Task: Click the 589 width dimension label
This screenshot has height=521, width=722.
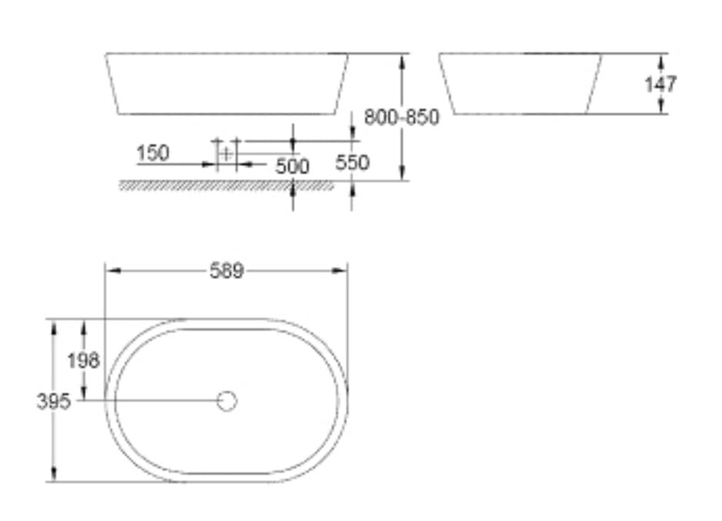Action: click(226, 271)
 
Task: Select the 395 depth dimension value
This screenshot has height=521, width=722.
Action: click(53, 401)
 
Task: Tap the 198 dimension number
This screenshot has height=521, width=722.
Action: click(83, 360)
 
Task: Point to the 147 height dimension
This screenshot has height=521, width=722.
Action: click(660, 83)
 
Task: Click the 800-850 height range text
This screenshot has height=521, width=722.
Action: click(401, 118)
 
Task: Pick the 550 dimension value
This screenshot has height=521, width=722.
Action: click(353, 162)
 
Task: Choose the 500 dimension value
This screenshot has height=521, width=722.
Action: click(292, 166)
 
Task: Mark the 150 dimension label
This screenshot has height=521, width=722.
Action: click(152, 153)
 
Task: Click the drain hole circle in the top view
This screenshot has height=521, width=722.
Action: click(226, 401)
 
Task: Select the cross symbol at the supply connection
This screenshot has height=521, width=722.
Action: click(226, 153)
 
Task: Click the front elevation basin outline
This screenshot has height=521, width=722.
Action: click(227, 83)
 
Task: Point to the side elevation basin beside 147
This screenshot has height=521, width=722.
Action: click(520, 83)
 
